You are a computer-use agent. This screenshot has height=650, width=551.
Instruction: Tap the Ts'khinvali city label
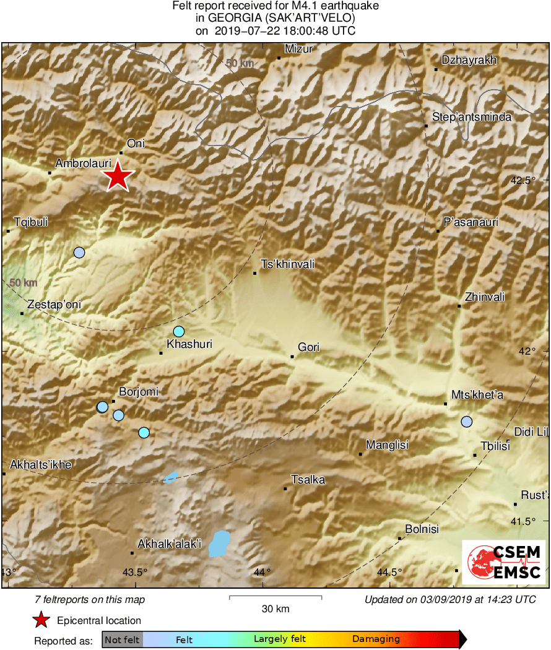point(288,264)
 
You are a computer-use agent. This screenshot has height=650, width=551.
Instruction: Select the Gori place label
point(308,347)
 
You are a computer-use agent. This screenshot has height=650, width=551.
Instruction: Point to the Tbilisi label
point(495,446)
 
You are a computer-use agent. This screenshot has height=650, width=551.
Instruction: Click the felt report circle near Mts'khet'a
point(466,422)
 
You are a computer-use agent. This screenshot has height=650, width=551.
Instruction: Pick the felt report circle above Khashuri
point(179,331)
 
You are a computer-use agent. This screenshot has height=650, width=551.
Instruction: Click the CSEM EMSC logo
point(503,561)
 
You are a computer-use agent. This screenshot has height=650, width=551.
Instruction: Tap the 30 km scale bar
point(275,597)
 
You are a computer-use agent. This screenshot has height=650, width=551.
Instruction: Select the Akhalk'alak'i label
point(170,544)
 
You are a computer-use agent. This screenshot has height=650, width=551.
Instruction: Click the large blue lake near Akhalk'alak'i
point(219,542)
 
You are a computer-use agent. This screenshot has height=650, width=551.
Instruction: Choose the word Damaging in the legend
point(376,639)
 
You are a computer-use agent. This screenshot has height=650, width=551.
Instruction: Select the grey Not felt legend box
point(122,639)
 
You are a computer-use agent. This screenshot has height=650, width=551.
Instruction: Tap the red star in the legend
point(41,620)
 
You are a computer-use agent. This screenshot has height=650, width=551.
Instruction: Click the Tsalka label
point(308,480)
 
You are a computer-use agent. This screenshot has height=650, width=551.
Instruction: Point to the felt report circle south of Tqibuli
point(79,252)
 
